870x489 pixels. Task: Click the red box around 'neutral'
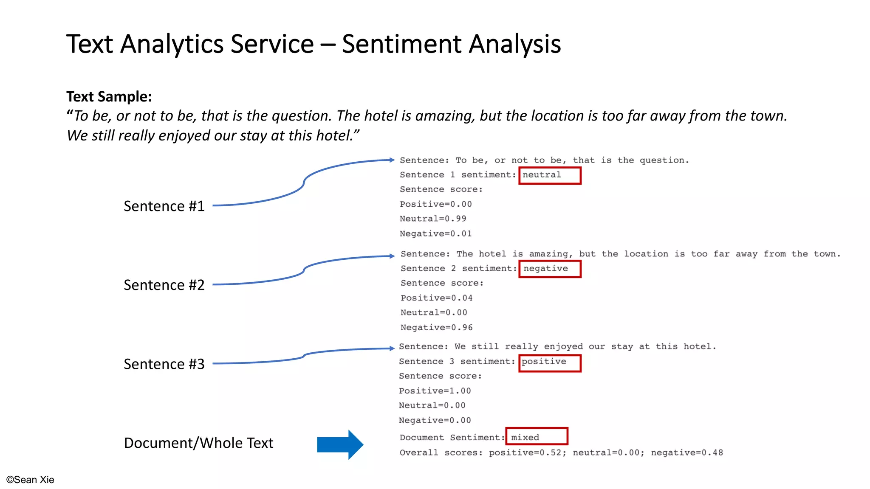point(550,175)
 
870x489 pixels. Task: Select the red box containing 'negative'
point(550,269)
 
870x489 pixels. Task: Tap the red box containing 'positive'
point(550,363)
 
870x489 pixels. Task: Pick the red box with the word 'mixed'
point(537,436)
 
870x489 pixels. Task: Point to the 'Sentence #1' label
point(164,206)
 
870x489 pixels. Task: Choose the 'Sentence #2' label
point(164,285)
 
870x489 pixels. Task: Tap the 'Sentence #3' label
point(164,364)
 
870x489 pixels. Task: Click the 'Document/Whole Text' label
point(198,443)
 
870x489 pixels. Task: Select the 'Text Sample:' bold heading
point(109,97)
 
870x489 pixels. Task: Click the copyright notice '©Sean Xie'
point(30,480)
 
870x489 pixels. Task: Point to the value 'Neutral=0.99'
point(433,219)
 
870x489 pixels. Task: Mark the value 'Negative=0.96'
point(436,328)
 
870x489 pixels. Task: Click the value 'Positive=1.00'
point(435,391)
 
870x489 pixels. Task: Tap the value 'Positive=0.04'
point(436,298)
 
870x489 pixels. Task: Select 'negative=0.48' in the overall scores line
point(687,453)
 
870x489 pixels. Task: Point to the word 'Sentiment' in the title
point(402,44)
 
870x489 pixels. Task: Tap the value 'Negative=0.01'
point(435,234)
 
